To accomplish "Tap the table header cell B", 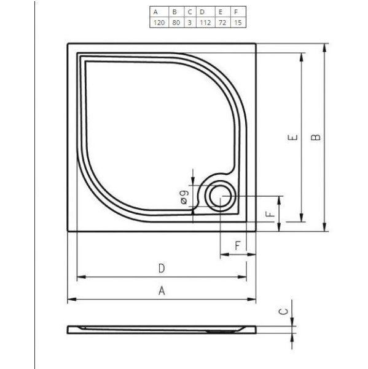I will (x=174, y=12).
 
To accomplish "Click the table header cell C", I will (x=189, y=12).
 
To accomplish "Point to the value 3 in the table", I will (x=189, y=22).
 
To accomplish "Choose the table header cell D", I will (x=202, y=12).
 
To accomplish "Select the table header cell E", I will (x=219, y=12).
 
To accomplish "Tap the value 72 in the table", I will (x=219, y=22).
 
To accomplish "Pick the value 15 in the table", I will (x=235, y=22).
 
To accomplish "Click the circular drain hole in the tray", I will (x=219, y=197).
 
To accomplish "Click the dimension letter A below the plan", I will (x=162, y=292).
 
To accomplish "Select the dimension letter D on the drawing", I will (x=161, y=268).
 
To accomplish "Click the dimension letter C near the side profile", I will (x=284, y=312).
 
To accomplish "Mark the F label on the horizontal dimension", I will (x=237, y=245).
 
